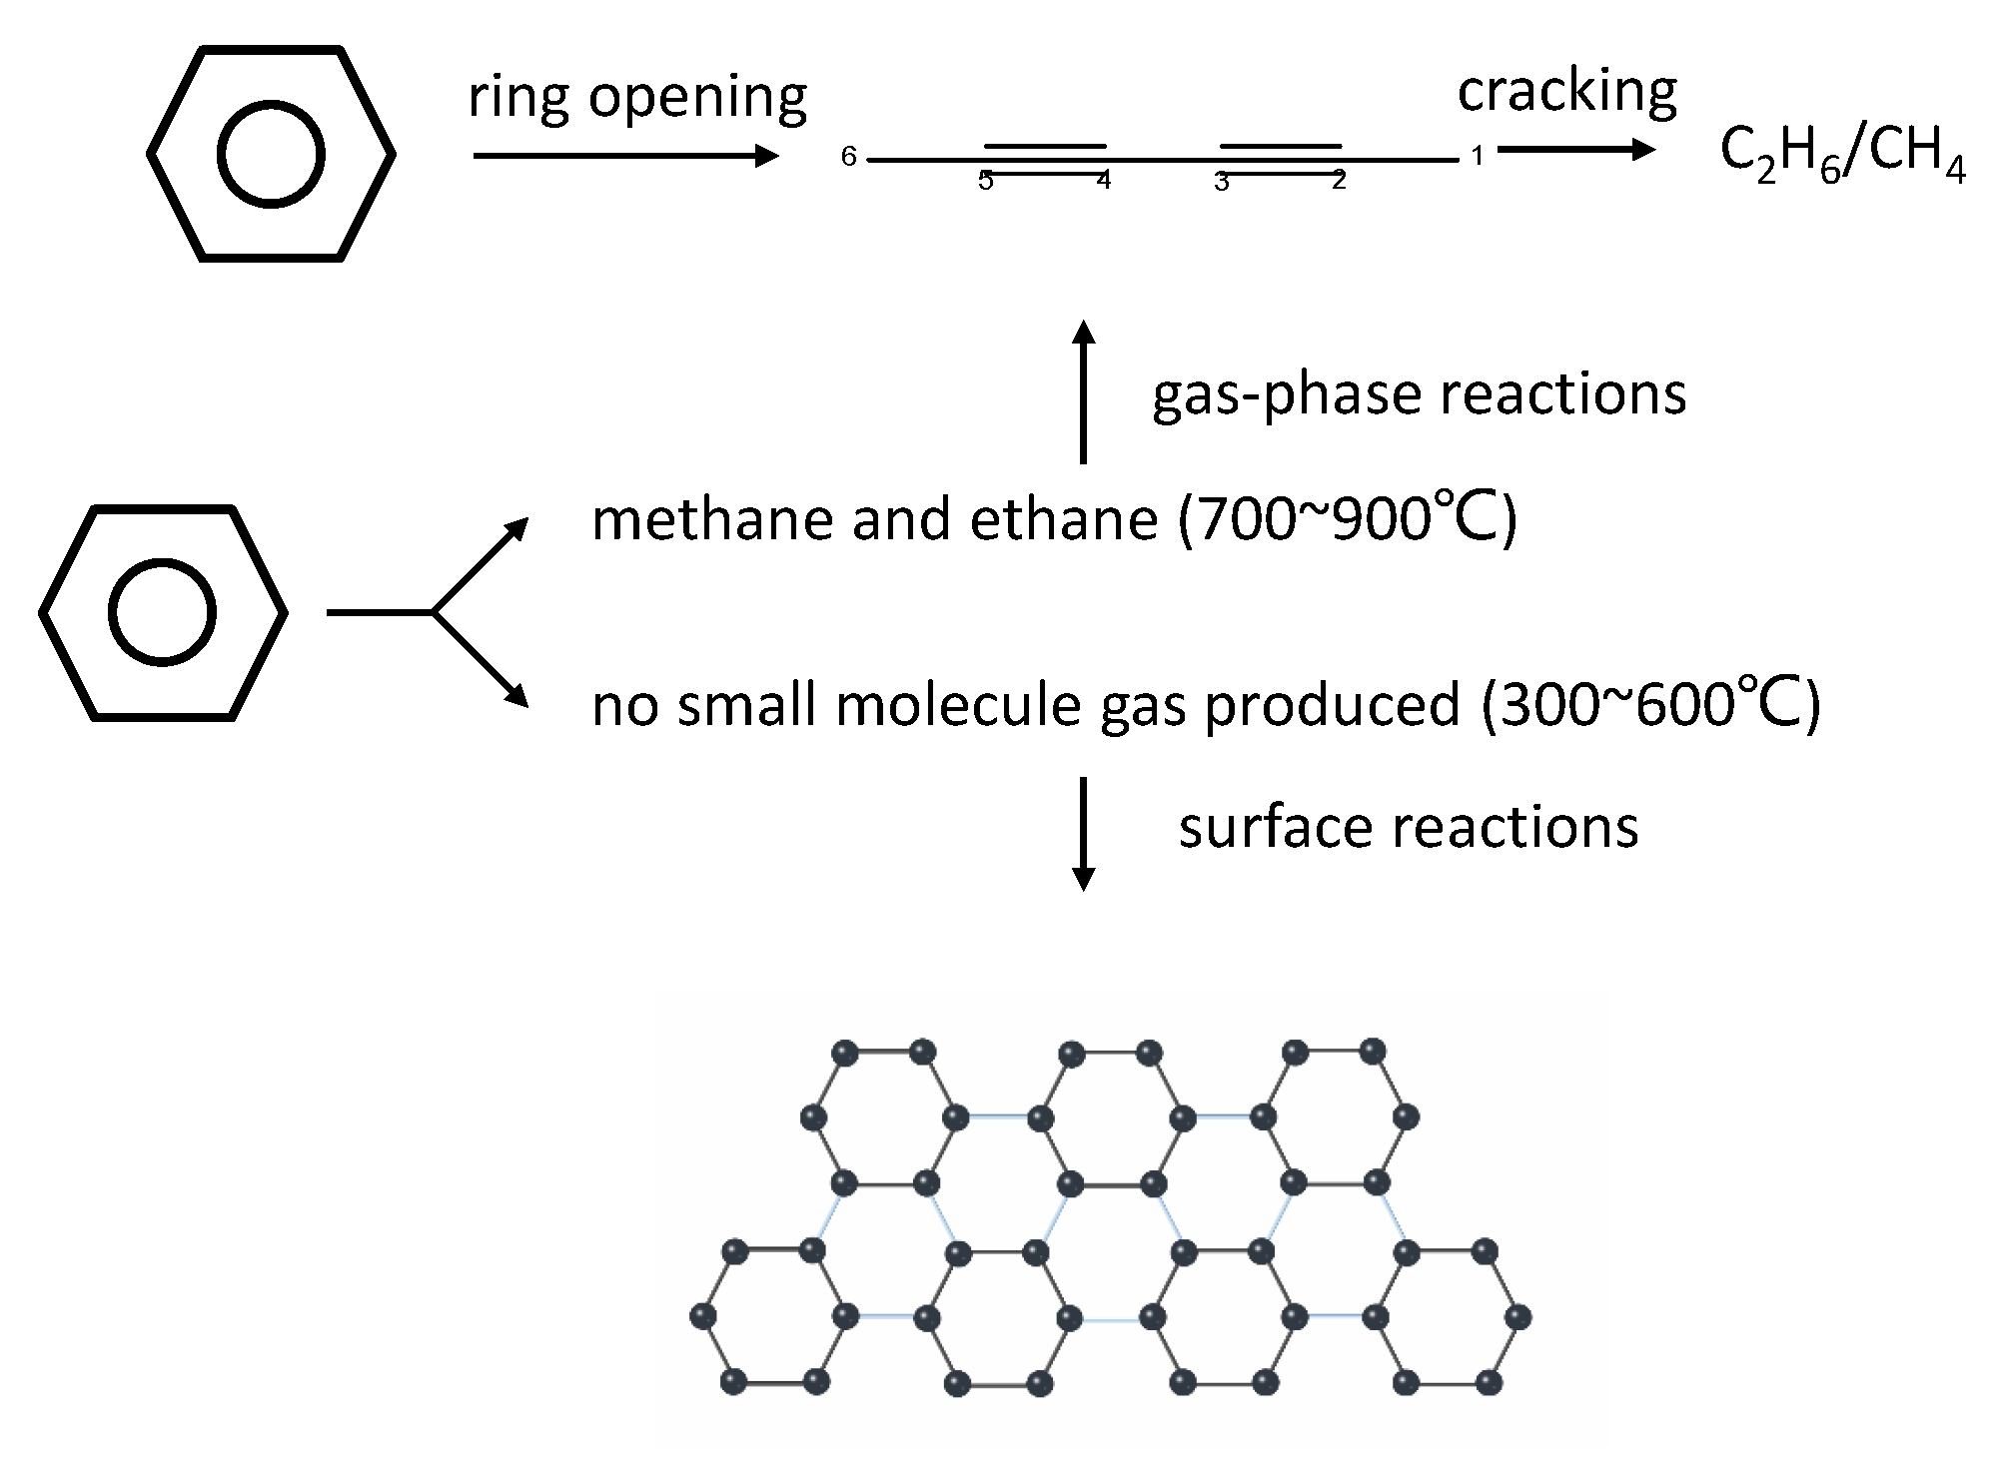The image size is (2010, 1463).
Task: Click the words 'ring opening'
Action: click(637, 98)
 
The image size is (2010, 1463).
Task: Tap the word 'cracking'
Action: click(1566, 91)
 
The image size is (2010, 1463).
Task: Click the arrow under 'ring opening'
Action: click(625, 156)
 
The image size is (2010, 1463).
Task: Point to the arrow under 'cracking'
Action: click(1576, 150)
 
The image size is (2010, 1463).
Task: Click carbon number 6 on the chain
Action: click(848, 156)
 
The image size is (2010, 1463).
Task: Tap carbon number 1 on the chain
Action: click(1477, 156)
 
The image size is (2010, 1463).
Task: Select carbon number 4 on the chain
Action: click(1103, 181)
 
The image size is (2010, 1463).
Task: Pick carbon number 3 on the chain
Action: click(1221, 182)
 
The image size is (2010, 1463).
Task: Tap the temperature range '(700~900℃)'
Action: click(1347, 519)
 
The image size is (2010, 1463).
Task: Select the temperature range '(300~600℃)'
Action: click(1650, 704)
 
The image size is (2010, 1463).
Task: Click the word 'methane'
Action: click(710, 520)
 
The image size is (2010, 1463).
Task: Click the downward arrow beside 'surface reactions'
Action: click(1083, 833)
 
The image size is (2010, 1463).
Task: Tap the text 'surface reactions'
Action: click(1408, 828)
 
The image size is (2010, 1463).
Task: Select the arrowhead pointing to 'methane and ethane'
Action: click(515, 530)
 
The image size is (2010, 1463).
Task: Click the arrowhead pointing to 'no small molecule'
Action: click(515, 696)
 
